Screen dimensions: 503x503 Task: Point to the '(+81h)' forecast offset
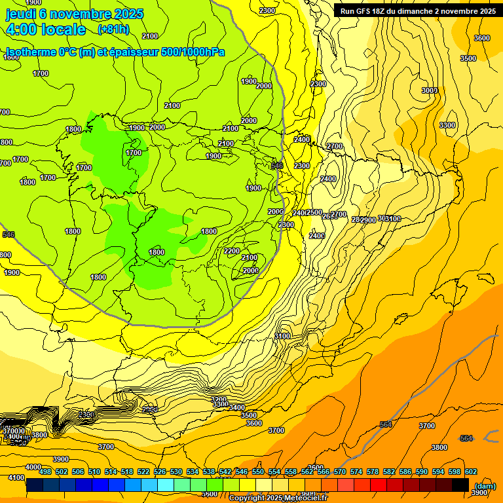click(x=113, y=29)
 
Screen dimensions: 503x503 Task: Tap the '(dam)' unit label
click(x=485, y=486)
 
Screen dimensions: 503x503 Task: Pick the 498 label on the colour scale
click(x=45, y=472)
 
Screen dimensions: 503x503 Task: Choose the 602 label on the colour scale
click(x=471, y=472)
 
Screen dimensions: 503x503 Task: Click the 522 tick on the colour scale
click(x=143, y=472)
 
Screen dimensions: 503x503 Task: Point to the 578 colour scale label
click(x=373, y=472)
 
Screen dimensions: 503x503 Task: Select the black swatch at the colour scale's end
click(x=460, y=485)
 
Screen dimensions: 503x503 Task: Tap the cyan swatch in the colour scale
click(x=166, y=485)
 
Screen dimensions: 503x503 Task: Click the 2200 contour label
click(x=232, y=251)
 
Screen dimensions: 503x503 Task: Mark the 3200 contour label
click(x=219, y=400)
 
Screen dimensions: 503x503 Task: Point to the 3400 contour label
click(x=237, y=407)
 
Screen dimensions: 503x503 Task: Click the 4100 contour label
click(x=16, y=478)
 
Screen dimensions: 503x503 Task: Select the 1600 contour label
click(x=11, y=57)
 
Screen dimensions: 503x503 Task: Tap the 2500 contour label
click(x=315, y=213)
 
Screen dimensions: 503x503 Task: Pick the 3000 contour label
click(x=429, y=90)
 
